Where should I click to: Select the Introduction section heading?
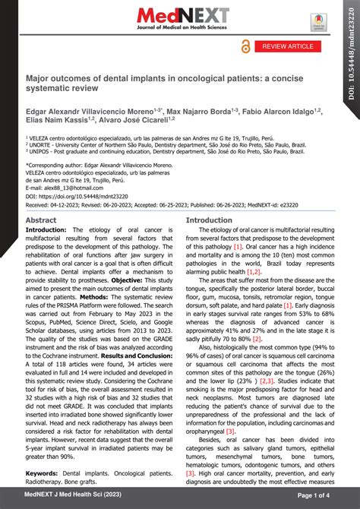[x=210, y=220]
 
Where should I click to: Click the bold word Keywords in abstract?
[x=45, y=473]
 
